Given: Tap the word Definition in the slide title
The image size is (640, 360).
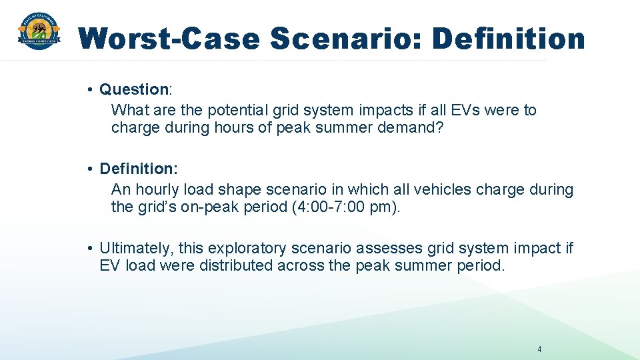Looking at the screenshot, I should coord(509,39).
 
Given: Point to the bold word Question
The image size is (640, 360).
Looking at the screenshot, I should coord(134,89).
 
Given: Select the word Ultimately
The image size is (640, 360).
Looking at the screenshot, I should coord(135,249).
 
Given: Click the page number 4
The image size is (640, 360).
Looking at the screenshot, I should coord(539,349).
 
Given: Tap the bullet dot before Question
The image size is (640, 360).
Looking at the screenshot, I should coord(89,89).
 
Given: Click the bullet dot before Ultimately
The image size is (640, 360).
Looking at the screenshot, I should coord(89,249).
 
